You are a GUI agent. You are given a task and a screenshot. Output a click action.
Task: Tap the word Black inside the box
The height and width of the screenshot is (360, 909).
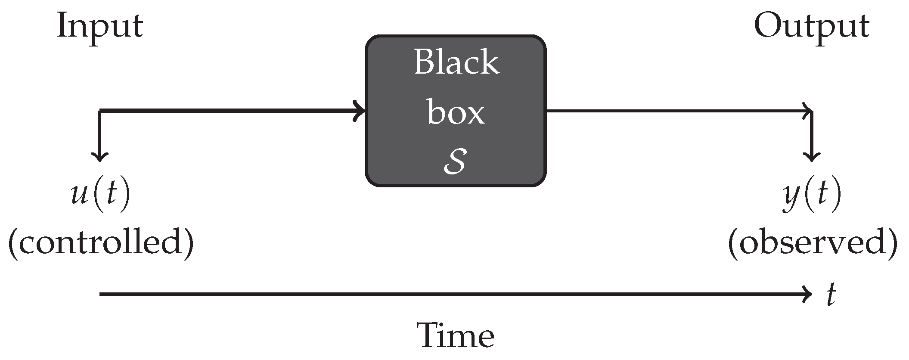456,62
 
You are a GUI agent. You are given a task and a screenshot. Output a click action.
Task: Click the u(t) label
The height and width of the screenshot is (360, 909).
99,196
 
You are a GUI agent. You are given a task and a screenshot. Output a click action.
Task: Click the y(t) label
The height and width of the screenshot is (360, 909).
811,196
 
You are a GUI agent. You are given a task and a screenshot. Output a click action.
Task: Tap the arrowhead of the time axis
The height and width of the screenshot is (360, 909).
807,295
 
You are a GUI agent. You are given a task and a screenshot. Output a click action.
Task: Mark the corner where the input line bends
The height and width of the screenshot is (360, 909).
100,111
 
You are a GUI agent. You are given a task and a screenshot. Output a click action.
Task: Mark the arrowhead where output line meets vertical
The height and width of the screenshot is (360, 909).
808,111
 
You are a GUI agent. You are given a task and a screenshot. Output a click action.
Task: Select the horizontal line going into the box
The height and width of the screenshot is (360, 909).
228,111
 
